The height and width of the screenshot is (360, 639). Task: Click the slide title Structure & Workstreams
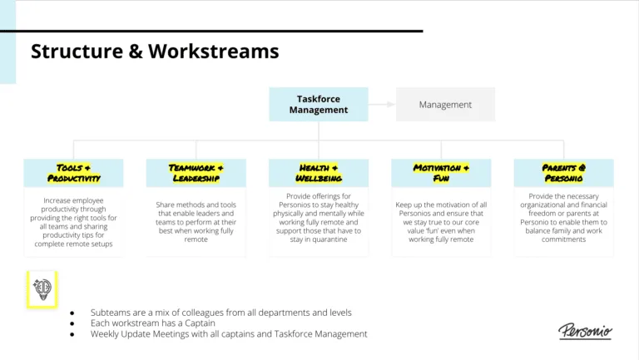pos(155,52)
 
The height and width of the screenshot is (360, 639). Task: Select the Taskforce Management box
pos(319,104)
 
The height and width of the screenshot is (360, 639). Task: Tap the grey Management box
pos(445,105)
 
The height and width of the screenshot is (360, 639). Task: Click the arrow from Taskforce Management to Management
pos(382,105)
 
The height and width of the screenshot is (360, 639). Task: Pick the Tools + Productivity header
pos(73,173)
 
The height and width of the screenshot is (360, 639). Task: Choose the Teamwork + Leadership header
pos(196,173)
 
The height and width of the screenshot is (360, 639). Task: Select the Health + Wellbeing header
pos(319,173)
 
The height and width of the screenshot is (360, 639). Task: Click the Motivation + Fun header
pos(441,173)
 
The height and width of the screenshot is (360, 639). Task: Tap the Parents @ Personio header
pos(563,173)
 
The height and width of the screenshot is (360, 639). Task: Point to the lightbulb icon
pos(42,288)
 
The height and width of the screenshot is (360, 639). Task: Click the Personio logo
pos(584,331)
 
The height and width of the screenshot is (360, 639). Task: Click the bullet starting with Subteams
pos(220,312)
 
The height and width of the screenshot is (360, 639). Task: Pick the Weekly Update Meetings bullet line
pos(229,333)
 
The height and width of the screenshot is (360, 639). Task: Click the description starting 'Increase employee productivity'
pos(73,223)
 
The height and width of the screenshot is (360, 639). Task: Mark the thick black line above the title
pos(211,31)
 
